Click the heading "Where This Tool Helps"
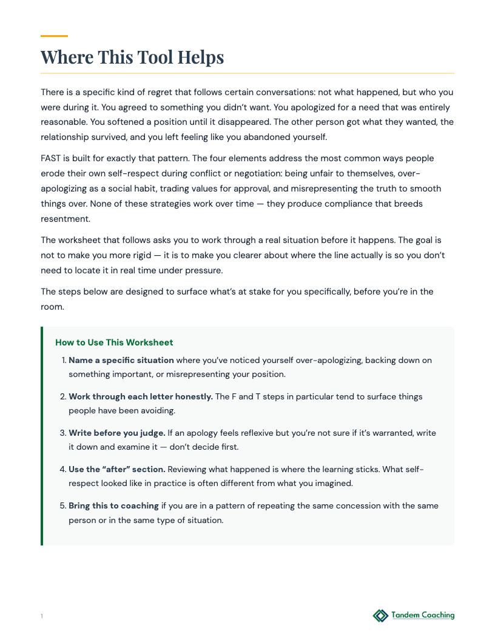[132, 58]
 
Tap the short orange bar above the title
[54, 36]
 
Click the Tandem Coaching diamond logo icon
[380, 616]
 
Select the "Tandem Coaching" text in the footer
[423, 615]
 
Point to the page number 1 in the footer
[42, 616]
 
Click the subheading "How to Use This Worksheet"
[114, 342]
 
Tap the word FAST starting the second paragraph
[52, 158]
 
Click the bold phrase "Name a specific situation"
[121, 360]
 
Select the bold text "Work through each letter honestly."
[141, 396]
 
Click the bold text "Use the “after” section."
[117, 469]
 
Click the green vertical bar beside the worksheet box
[42, 436]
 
